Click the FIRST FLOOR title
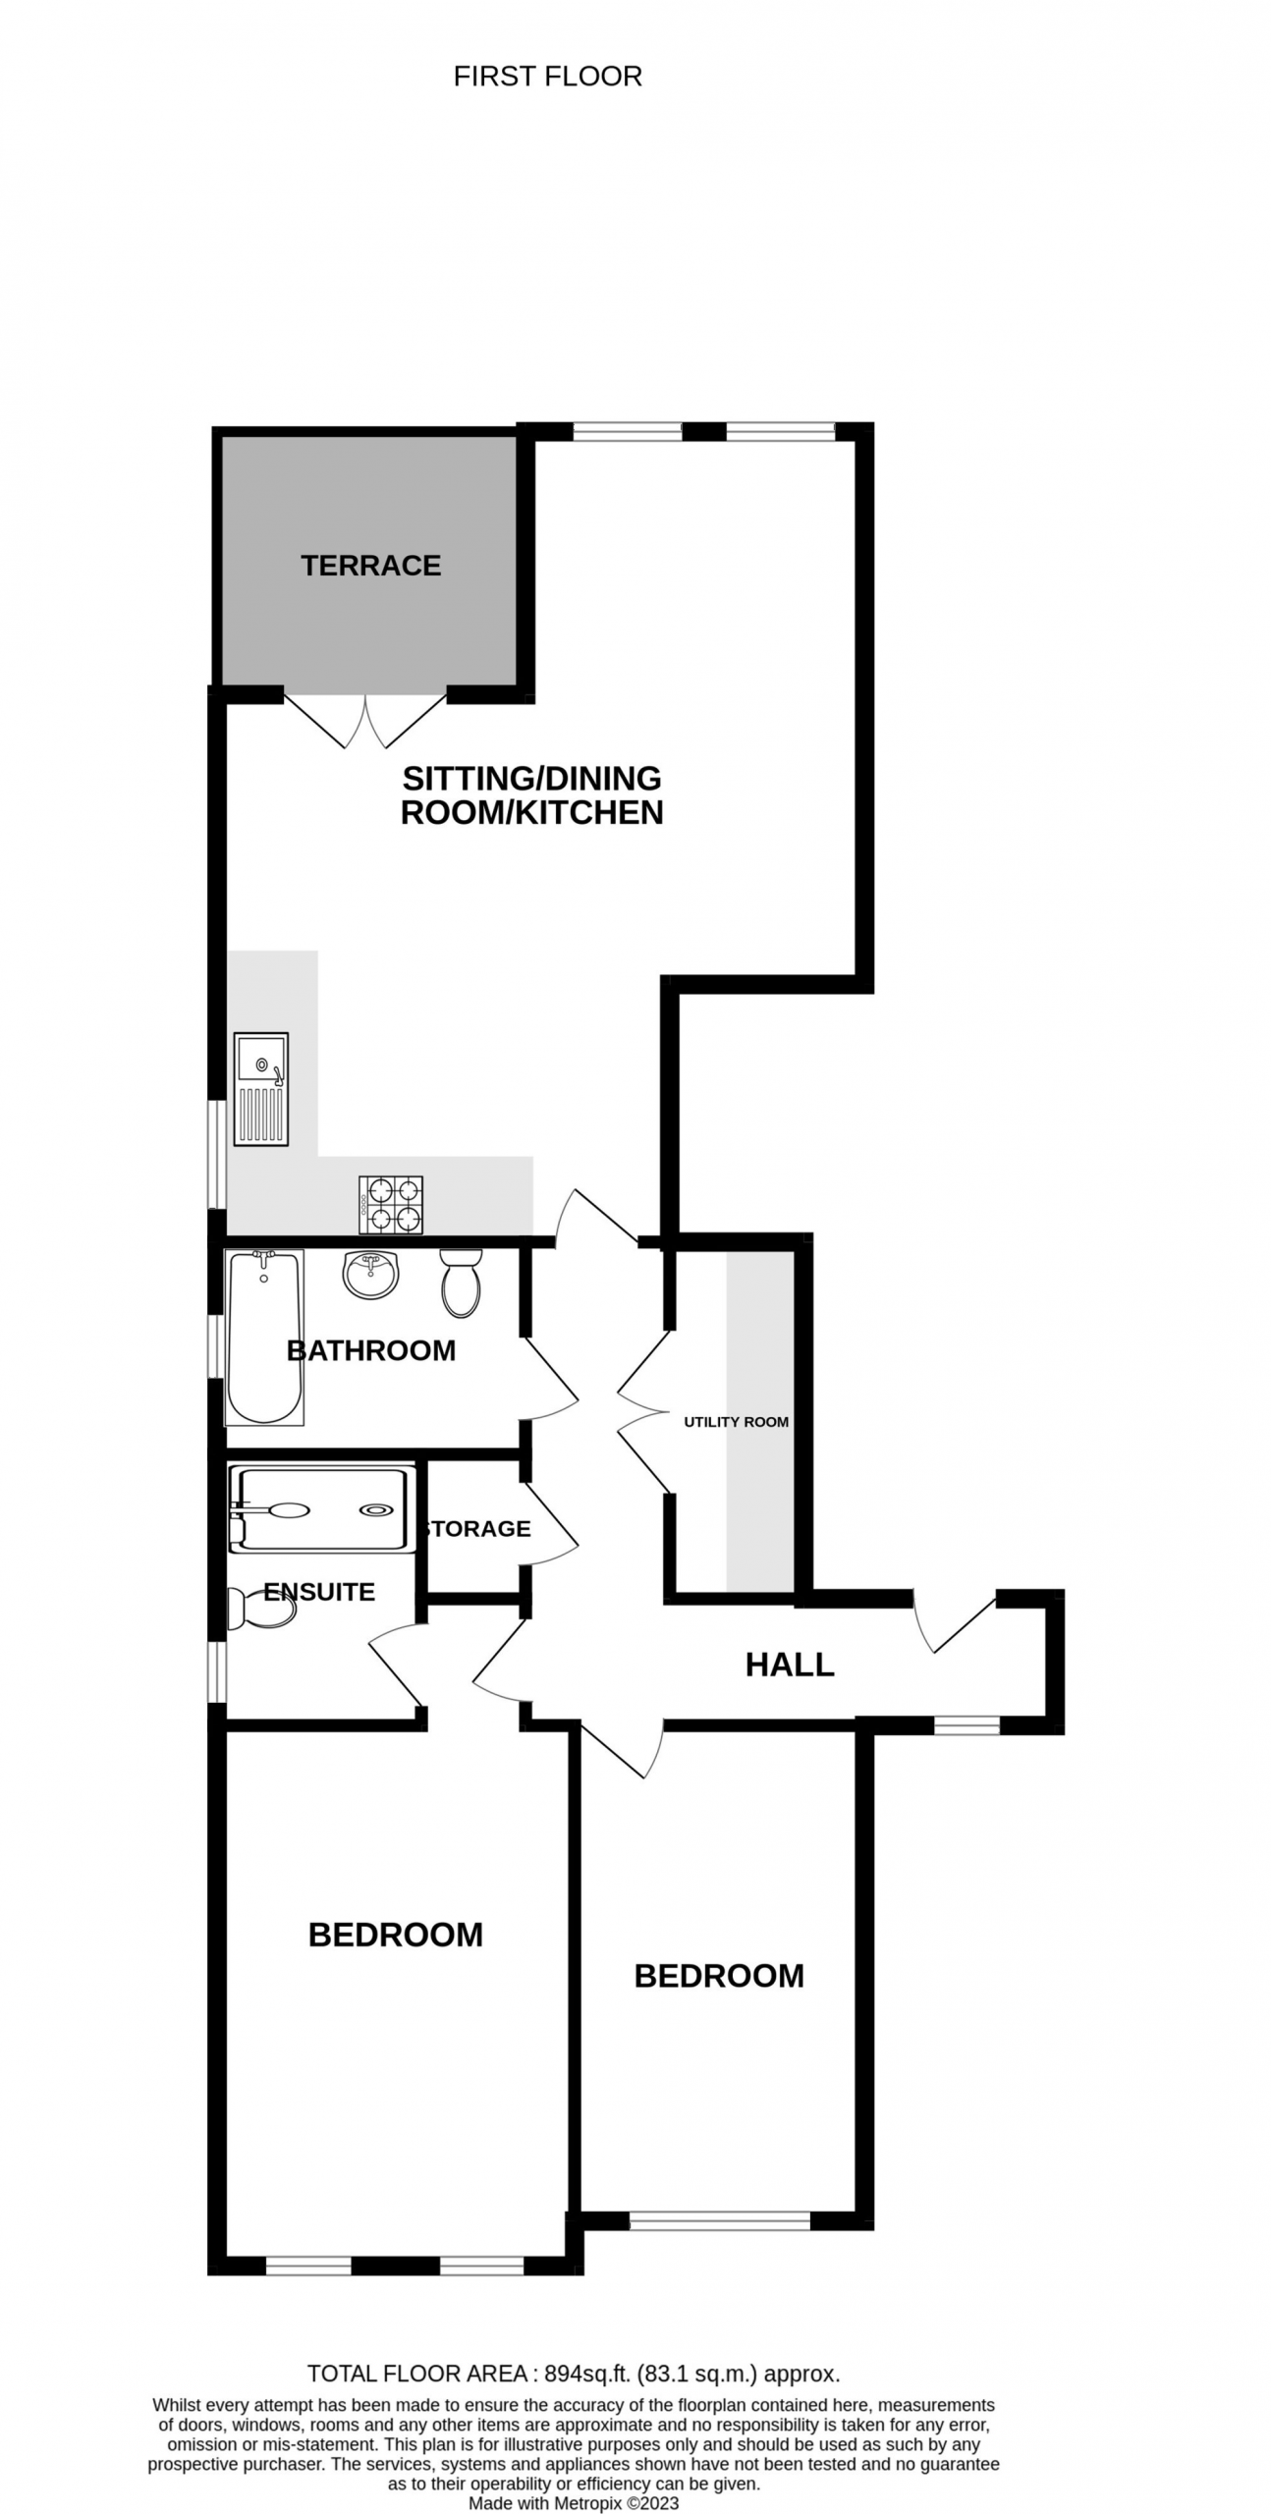click(547, 77)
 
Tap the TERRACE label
click(370, 565)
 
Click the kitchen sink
click(261, 1089)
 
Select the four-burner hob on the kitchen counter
click(391, 1205)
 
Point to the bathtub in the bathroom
click(264, 1338)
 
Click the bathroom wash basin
click(370, 1275)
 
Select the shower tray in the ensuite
click(318, 1510)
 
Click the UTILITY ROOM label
click(736, 1421)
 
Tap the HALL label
click(790, 1665)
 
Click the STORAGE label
click(478, 1528)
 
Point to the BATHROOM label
click(371, 1350)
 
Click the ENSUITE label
click(319, 1591)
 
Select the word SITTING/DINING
click(532, 778)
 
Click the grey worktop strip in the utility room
click(759, 1421)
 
